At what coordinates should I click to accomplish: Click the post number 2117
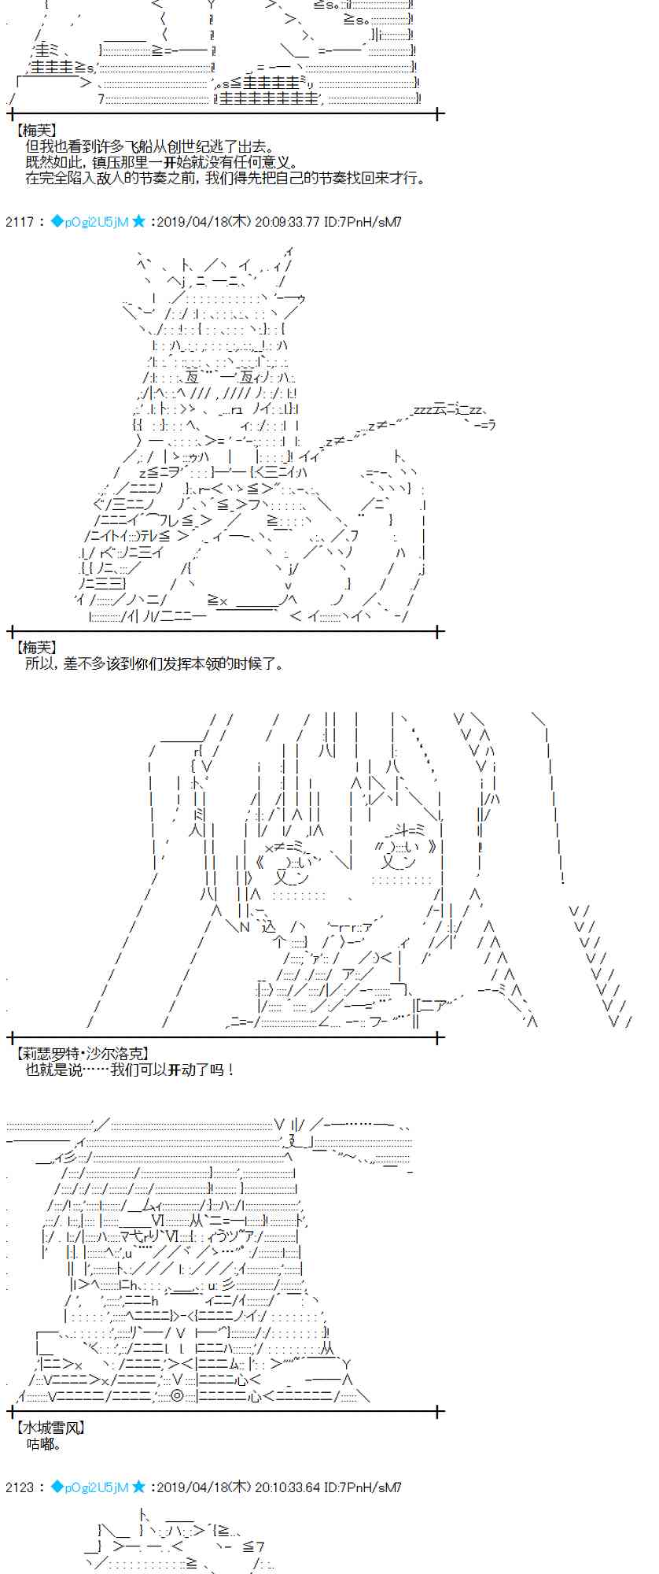tap(19, 222)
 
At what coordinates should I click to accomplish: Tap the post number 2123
tap(19, 1487)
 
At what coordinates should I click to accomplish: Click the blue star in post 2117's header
tap(139, 222)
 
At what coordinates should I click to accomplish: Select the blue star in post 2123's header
tap(139, 1487)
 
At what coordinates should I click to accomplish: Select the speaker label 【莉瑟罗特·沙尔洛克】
tap(82, 1054)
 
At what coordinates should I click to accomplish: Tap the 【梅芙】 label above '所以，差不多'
tap(36, 647)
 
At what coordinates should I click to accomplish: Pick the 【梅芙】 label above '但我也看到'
tap(36, 131)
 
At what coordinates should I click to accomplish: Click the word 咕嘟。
tap(43, 1444)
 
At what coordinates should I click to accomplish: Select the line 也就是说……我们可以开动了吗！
tap(131, 1070)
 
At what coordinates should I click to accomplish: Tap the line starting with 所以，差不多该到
tap(155, 663)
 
